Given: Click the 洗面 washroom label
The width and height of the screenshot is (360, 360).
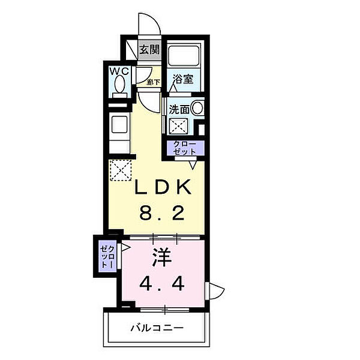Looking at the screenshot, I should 178,110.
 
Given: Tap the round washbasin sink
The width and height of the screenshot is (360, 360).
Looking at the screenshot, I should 197,109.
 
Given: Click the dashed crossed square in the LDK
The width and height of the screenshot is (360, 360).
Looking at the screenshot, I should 120,169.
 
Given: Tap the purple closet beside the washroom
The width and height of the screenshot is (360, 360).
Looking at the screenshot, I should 185,148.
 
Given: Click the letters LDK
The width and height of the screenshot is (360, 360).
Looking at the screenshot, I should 162,188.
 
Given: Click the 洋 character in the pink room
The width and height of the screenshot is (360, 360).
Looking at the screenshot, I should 163,259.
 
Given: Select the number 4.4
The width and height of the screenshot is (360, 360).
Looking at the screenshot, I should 163,283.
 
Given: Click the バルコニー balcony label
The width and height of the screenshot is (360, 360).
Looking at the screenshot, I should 157,328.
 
